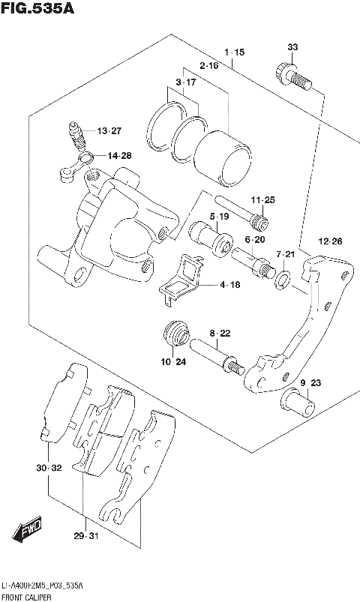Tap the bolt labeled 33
(291, 76)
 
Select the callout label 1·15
(234, 52)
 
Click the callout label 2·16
(209, 66)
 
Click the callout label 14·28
(118, 156)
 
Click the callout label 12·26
(330, 241)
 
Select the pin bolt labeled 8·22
(217, 357)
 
